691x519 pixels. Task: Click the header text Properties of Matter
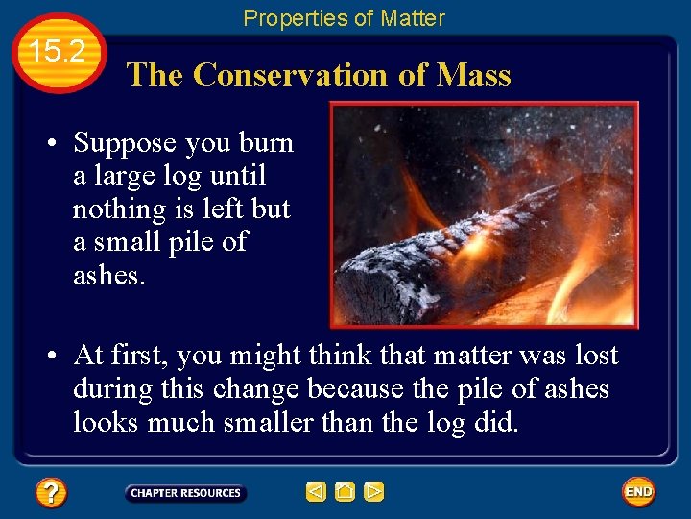[344, 18]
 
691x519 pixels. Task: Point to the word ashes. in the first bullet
[107, 275]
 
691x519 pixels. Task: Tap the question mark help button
[50, 493]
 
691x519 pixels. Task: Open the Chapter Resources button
[185, 493]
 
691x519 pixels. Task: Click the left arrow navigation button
[316, 492]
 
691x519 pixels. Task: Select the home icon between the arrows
[345, 492]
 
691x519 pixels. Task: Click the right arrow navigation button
[374, 492]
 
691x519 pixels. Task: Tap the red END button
[638, 492]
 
